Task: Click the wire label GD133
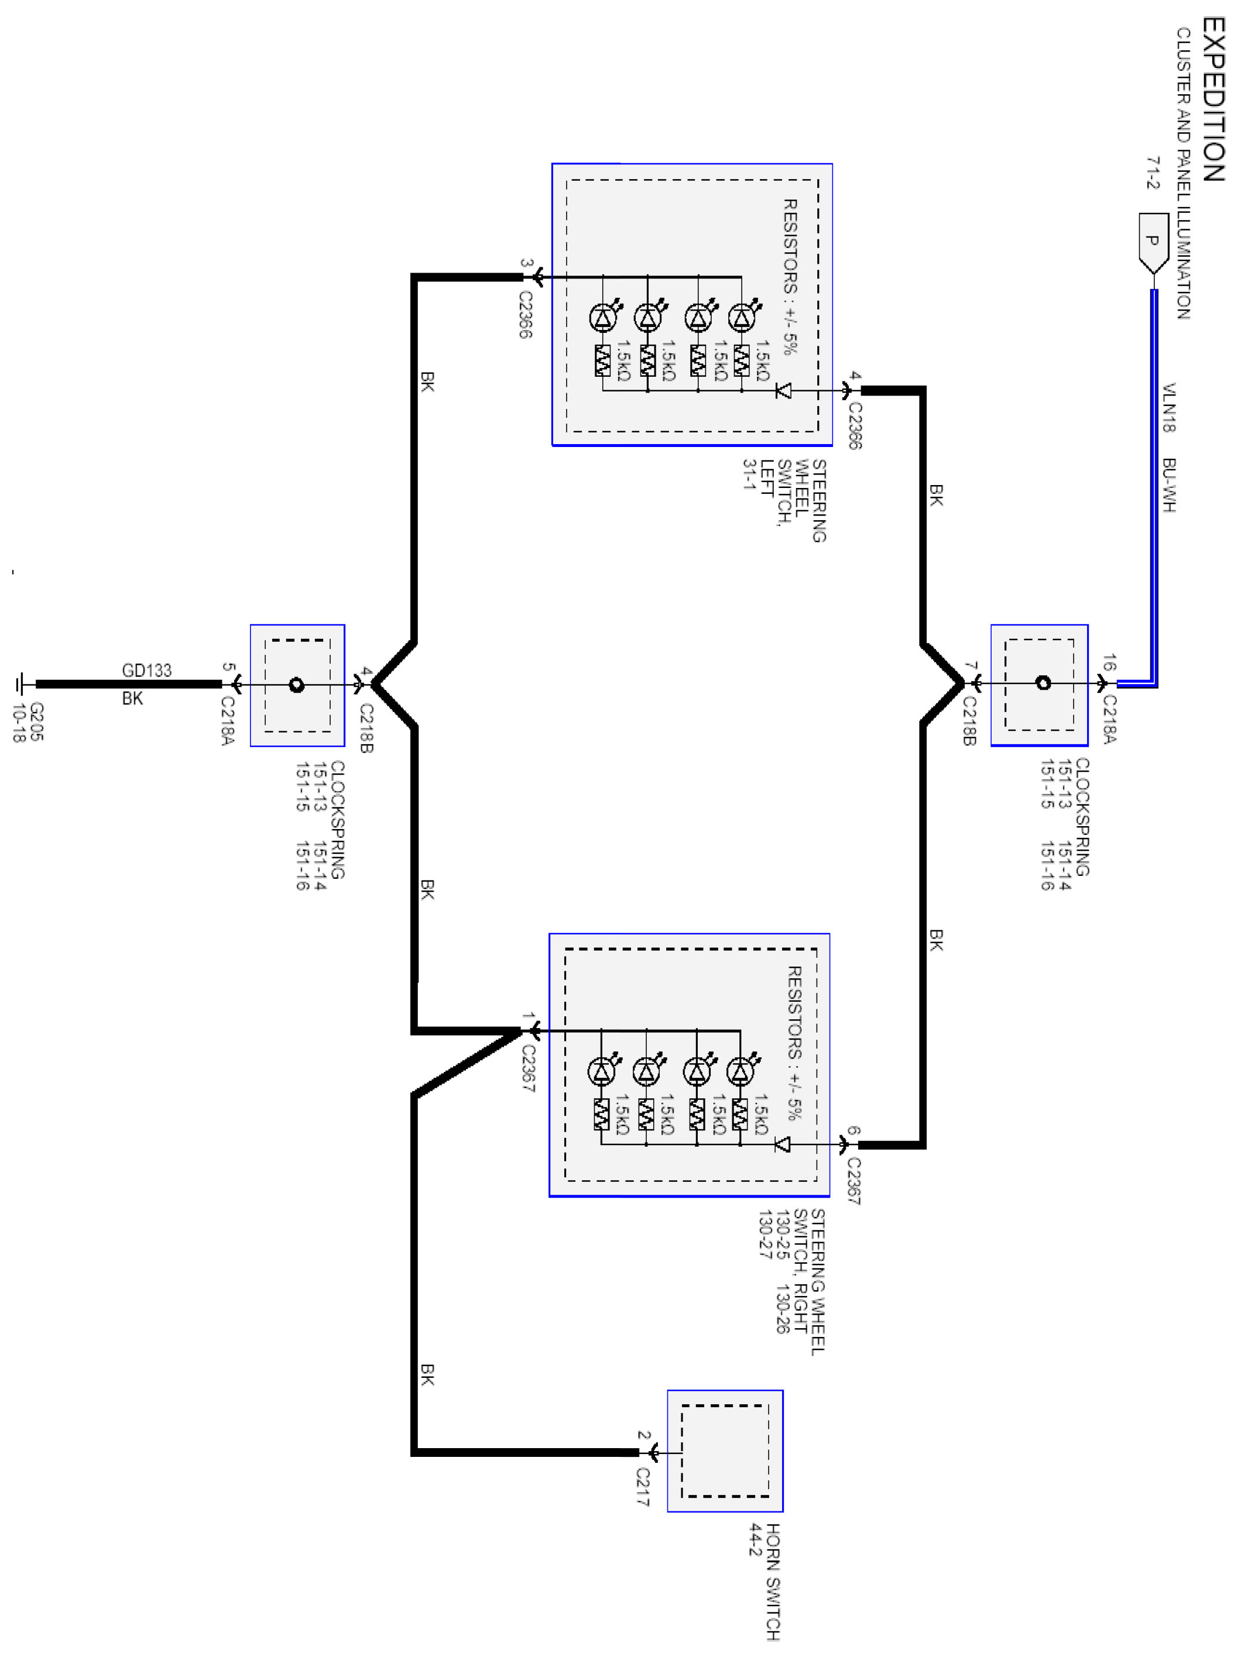(147, 670)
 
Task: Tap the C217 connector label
(643, 1487)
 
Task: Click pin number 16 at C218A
(1110, 662)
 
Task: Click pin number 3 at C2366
(526, 264)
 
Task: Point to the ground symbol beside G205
(21, 683)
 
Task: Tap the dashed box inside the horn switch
(725, 1451)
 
